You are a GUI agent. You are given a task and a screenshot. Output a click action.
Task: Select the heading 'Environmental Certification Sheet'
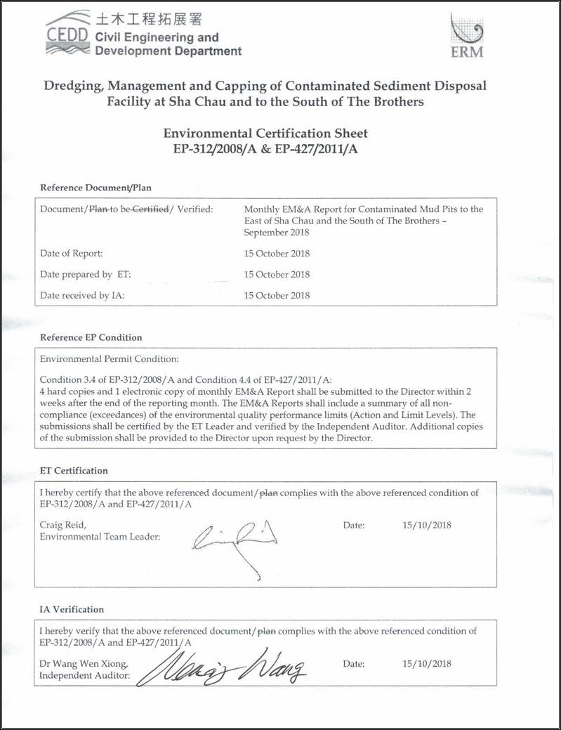[265, 133]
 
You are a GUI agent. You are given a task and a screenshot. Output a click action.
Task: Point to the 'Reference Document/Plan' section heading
[95, 188]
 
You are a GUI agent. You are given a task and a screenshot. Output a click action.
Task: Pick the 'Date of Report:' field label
[71, 253]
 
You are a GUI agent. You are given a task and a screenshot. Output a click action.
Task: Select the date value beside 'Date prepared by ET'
[277, 274]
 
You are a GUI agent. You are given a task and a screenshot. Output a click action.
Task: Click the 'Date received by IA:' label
[82, 295]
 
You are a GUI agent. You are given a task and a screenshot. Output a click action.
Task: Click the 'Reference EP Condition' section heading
[91, 337]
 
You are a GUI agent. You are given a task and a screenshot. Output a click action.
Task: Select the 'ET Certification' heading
[74, 471]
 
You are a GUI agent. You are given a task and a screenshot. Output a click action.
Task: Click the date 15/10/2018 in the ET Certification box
[427, 525]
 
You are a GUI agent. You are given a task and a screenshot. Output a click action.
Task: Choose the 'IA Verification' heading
[72, 609]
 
